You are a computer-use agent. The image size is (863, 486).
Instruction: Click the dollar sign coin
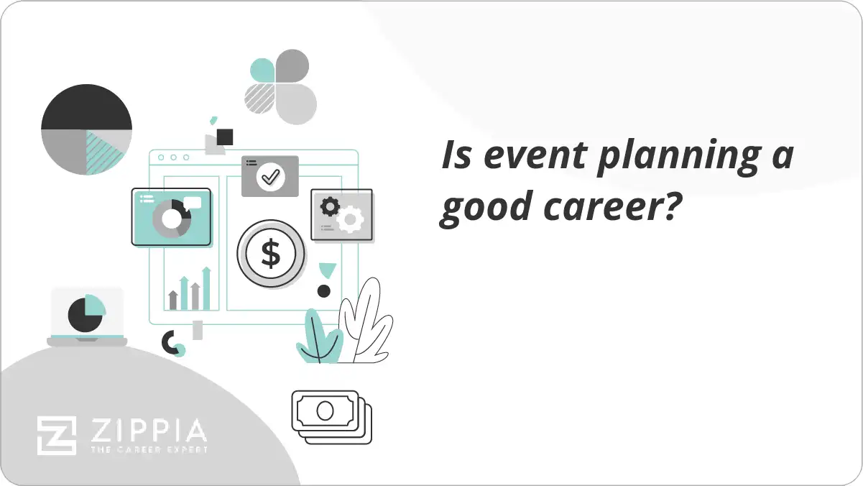pos(271,254)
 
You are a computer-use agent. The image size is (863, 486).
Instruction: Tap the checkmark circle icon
pos(270,176)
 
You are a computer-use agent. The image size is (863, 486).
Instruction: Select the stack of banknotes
pos(331,416)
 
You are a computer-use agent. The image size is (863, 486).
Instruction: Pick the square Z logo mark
pos(57,435)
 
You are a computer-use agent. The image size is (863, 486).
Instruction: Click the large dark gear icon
pos(330,207)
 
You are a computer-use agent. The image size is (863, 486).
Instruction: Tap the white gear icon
pos(350,219)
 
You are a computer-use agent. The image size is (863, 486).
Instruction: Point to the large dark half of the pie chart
pos(86,107)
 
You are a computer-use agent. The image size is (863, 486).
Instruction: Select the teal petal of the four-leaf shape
pos(262,70)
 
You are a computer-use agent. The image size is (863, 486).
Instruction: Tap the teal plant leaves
pos(317,339)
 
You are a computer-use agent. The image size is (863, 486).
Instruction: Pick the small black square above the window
pos(225,137)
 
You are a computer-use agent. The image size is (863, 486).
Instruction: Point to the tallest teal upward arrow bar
pos(206,288)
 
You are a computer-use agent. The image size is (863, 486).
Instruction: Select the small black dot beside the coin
pos(324,291)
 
